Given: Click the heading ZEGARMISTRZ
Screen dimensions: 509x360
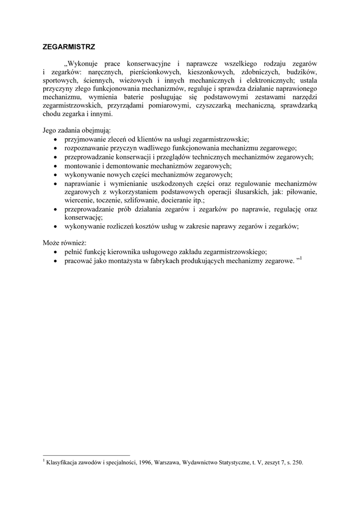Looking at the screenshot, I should point(69,47).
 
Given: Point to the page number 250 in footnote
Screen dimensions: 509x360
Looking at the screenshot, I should point(297,462).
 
